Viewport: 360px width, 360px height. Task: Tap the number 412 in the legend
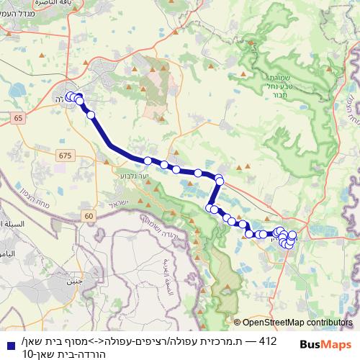pos(266,338)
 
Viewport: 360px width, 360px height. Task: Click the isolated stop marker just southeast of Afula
pos(91,114)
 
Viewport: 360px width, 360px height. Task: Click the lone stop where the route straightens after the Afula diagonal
pos(148,161)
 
